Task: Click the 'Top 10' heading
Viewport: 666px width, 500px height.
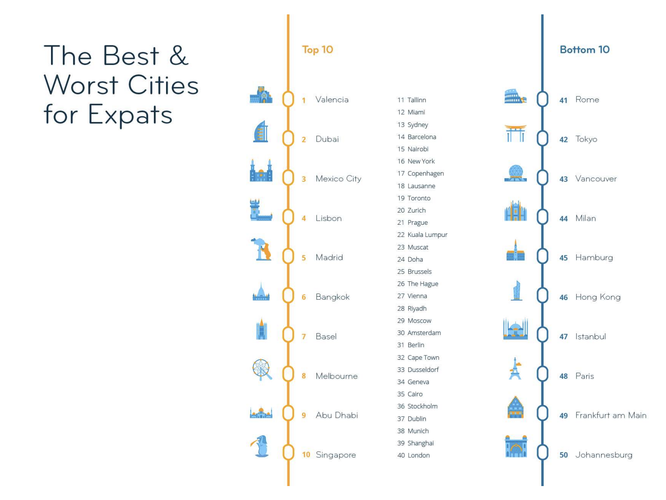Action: click(317, 50)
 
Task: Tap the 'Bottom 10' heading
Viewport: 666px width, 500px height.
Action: click(584, 49)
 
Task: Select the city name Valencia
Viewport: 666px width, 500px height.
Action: click(332, 99)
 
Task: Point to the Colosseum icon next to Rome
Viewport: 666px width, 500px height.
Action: click(515, 96)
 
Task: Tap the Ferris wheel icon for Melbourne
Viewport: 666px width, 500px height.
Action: click(262, 369)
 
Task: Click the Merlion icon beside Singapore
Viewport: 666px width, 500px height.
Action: click(261, 446)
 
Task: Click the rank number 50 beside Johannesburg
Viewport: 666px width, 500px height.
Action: click(564, 455)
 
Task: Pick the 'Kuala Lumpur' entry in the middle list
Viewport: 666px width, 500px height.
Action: click(427, 235)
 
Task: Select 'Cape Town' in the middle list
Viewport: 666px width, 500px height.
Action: click(423, 358)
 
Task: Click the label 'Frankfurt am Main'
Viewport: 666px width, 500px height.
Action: click(611, 415)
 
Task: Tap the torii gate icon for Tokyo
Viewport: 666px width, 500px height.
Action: click(515, 133)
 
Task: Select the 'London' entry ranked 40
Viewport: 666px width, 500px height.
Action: click(418, 455)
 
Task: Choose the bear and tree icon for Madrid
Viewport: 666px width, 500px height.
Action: click(261, 249)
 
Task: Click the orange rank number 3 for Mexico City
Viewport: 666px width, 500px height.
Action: click(303, 179)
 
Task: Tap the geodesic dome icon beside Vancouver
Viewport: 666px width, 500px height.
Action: click(515, 173)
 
